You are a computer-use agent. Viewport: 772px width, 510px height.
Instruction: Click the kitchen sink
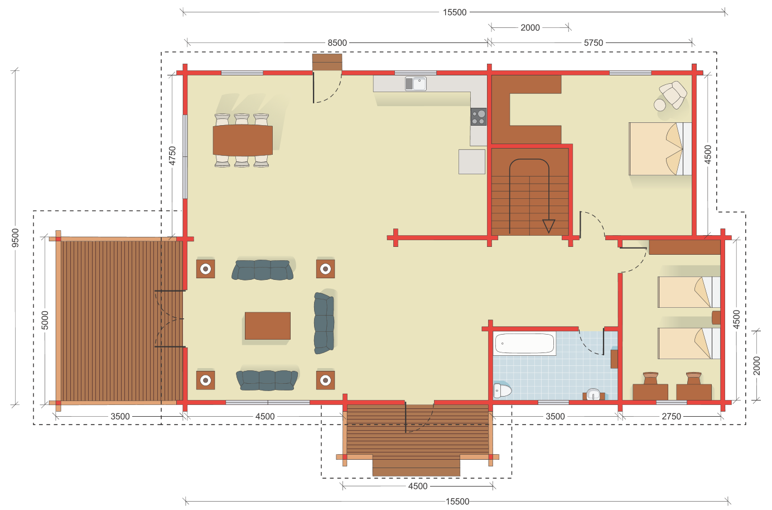(x=416, y=83)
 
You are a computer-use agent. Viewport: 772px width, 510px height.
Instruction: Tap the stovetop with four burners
(x=479, y=117)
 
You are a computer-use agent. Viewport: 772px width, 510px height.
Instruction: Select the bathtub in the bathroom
(x=524, y=344)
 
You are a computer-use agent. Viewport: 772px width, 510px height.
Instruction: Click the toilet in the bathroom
(x=502, y=390)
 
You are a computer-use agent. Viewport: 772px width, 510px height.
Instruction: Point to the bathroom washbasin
(x=593, y=394)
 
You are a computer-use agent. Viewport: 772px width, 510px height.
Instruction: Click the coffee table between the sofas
(x=267, y=326)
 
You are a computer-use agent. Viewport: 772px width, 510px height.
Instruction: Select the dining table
(x=243, y=140)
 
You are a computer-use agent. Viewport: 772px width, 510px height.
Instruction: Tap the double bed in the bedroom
(x=660, y=149)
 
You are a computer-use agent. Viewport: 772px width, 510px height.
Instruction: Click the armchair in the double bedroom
(x=673, y=94)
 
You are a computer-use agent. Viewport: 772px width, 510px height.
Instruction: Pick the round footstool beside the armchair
(x=660, y=105)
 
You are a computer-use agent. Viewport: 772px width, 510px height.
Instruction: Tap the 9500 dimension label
(x=15, y=238)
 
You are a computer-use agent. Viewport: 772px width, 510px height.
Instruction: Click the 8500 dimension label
(x=337, y=43)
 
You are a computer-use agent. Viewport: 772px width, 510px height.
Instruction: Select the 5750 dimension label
(x=593, y=43)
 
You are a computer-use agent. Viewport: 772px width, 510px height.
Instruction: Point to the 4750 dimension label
(x=172, y=156)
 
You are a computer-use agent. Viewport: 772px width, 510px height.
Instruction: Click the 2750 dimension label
(x=671, y=417)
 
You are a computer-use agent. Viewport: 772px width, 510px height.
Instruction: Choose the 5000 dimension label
(x=45, y=320)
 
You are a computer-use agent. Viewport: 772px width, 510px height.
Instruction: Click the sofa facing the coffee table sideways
(x=324, y=323)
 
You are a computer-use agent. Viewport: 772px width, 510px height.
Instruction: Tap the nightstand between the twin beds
(x=716, y=317)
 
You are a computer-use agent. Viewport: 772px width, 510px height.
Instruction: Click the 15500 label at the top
(x=455, y=12)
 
